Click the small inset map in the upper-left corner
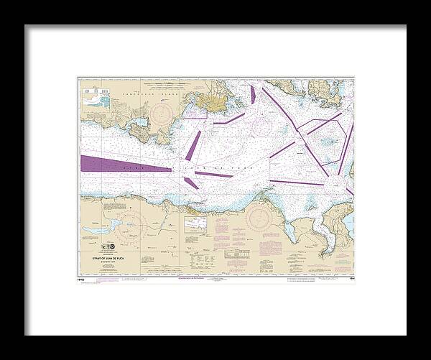[x=96, y=98]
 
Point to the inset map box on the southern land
[x=195, y=225]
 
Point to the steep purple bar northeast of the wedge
[x=193, y=145]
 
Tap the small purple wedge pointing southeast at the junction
[x=191, y=183]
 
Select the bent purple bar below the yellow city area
[x=229, y=118]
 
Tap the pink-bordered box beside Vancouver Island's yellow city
[x=195, y=111]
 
